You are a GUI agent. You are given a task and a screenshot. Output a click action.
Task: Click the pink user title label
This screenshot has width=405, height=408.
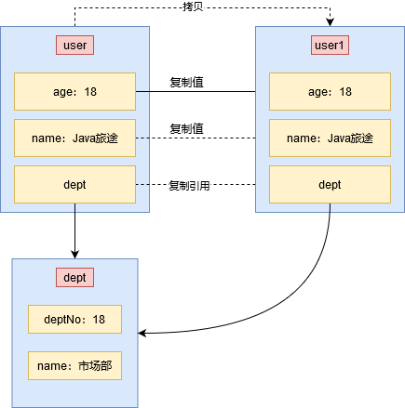click(74, 45)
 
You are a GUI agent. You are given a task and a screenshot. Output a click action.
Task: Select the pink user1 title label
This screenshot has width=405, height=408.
click(330, 45)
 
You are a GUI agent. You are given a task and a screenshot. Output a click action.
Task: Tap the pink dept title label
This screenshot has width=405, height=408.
click(74, 278)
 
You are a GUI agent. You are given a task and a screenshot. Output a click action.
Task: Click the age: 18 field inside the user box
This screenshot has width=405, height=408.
click(74, 92)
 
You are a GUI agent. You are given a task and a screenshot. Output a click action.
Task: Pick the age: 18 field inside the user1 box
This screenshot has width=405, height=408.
click(330, 92)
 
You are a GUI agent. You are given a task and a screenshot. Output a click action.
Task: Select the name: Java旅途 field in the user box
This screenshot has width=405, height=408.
click(74, 138)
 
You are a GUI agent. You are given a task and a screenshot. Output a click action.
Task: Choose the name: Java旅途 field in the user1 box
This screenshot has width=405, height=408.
click(330, 138)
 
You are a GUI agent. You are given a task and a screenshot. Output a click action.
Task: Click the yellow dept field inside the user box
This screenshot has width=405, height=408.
click(74, 185)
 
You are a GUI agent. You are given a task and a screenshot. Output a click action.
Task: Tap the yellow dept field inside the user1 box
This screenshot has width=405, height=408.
click(330, 185)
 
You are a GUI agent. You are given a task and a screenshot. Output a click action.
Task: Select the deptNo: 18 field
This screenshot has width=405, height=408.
click(74, 320)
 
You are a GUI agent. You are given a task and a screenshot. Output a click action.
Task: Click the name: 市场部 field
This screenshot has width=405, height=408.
click(74, 365)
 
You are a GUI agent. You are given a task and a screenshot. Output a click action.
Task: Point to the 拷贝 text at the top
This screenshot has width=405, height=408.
click(195, 7)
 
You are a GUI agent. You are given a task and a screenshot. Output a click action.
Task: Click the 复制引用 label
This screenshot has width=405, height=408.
click(189, 186)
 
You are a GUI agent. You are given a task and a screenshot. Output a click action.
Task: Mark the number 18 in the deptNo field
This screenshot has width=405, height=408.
click(99, 320)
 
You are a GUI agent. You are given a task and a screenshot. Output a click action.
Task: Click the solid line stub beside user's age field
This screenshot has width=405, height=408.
click(142, 92)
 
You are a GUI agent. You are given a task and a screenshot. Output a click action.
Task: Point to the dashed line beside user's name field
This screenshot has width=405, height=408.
click(142, 138)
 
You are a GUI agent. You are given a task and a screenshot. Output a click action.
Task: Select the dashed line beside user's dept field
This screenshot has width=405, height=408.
click(142, 186)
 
